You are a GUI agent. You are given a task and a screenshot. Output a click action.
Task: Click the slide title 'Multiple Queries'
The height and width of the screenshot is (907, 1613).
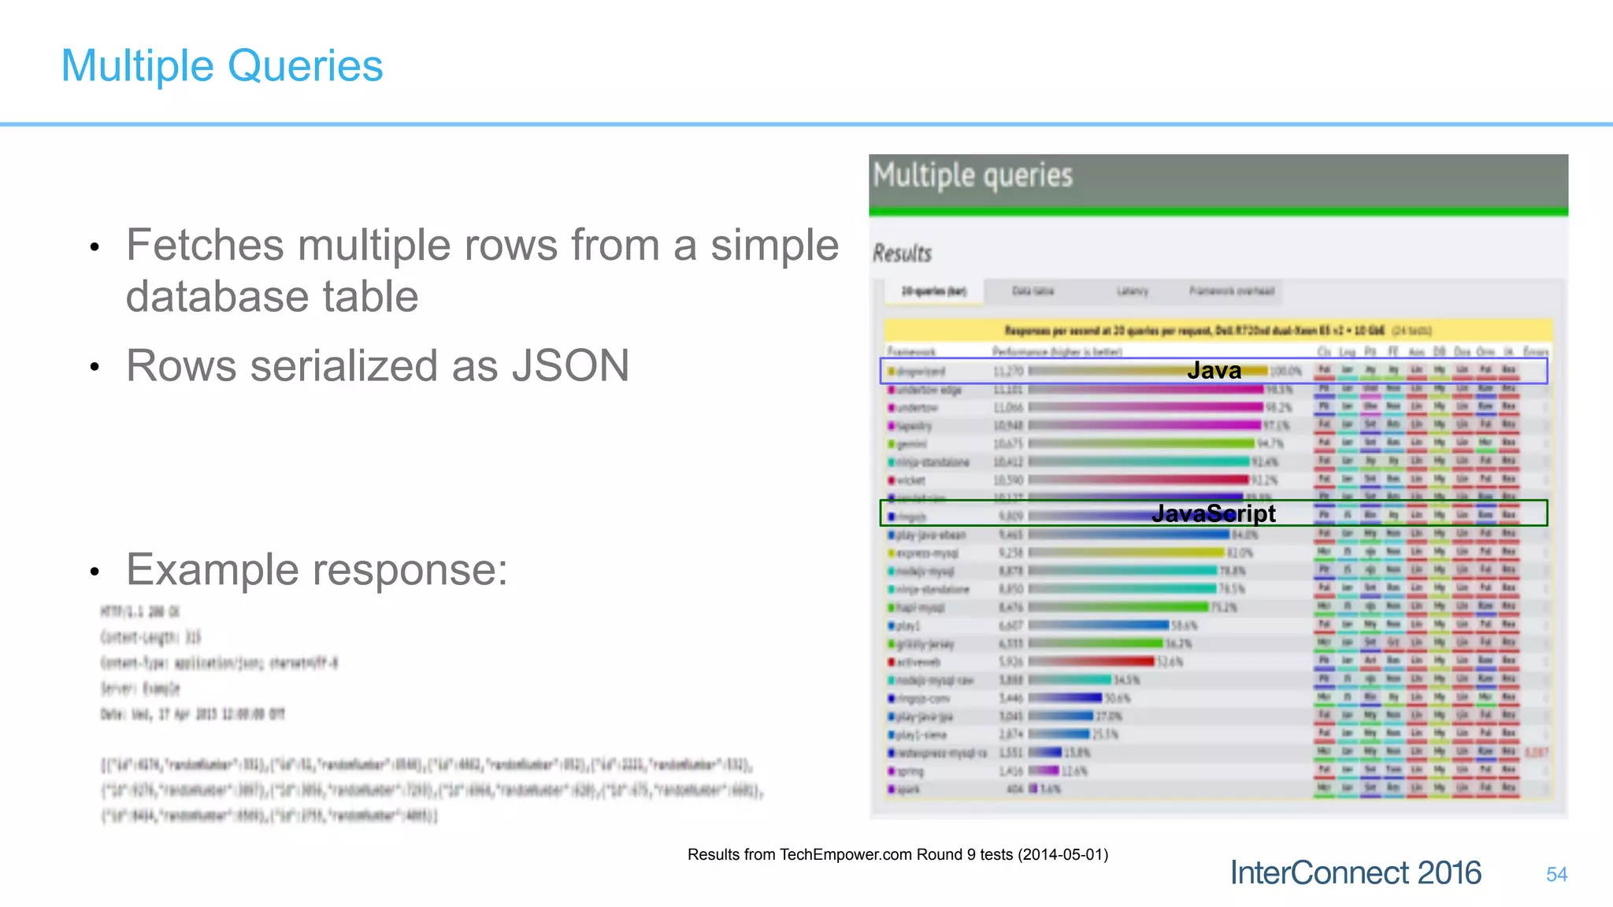pos(222,65)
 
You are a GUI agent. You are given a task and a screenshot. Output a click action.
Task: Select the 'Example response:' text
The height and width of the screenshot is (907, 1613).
pos(317,569)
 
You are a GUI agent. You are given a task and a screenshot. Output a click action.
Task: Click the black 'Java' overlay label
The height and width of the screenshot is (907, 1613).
pos(1214,371)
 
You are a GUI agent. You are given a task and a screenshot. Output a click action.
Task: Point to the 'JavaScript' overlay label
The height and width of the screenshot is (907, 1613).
pos(1213,513)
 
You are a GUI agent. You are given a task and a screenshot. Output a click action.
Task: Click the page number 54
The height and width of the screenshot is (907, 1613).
pos(1556,874)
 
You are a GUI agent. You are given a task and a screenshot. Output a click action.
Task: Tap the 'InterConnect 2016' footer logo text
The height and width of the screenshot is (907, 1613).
pos(1355,873)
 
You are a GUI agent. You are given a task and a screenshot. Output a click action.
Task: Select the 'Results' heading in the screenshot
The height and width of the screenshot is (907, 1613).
pos(902,254)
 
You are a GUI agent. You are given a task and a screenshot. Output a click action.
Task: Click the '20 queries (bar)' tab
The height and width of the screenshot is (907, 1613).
pos(934,291)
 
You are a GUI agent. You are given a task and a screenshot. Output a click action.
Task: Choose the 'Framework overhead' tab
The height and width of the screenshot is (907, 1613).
pos(1231,291)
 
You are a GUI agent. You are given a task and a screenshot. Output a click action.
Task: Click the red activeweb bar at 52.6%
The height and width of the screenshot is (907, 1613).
pos(1091,662)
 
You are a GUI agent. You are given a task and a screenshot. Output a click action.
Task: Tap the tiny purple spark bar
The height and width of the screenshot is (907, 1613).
pos(1033,789)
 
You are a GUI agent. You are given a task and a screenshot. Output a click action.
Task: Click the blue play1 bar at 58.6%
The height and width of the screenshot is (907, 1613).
pos(1098,626)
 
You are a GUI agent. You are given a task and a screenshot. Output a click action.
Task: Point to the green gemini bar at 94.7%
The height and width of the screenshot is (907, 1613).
pos(1141,444)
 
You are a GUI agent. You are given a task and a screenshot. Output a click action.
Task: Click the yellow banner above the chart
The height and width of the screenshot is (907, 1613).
pos(1217,330)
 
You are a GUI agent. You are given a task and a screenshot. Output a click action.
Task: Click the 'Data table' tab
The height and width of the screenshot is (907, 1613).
pos(1033,291)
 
